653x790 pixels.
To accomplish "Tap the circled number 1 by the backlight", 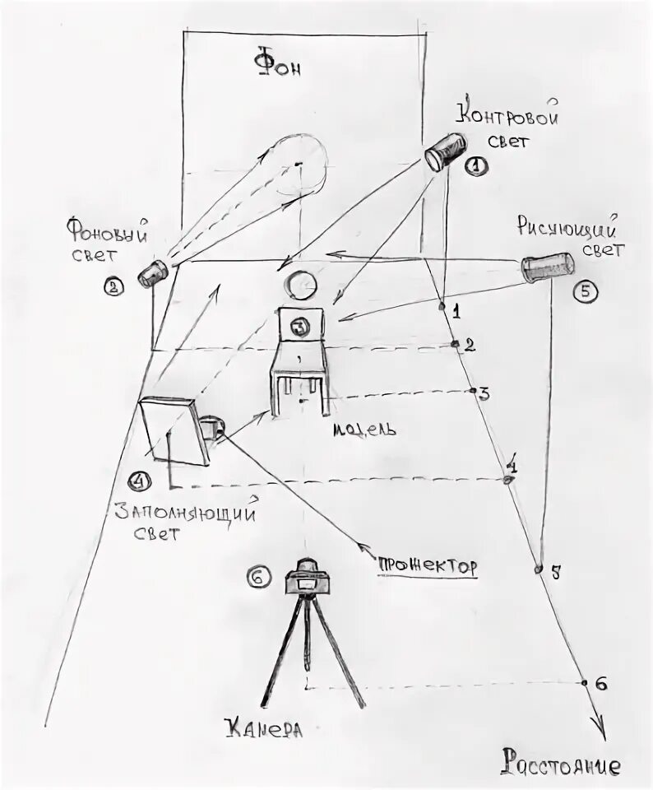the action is click(x=476, y=165).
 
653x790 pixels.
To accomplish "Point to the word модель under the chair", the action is click(x=367, y=429).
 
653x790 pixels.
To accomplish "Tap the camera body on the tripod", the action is click(x=308, y=579).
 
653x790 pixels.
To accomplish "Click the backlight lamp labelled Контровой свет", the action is click(x=447, y=151).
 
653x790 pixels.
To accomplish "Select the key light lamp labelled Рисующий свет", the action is click(x=547, y=267).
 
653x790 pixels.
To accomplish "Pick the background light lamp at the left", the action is click(x=153, y=272).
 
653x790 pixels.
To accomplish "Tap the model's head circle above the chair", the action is click(x=300, y=286).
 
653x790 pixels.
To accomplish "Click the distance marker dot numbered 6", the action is click(x=584, y=682).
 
